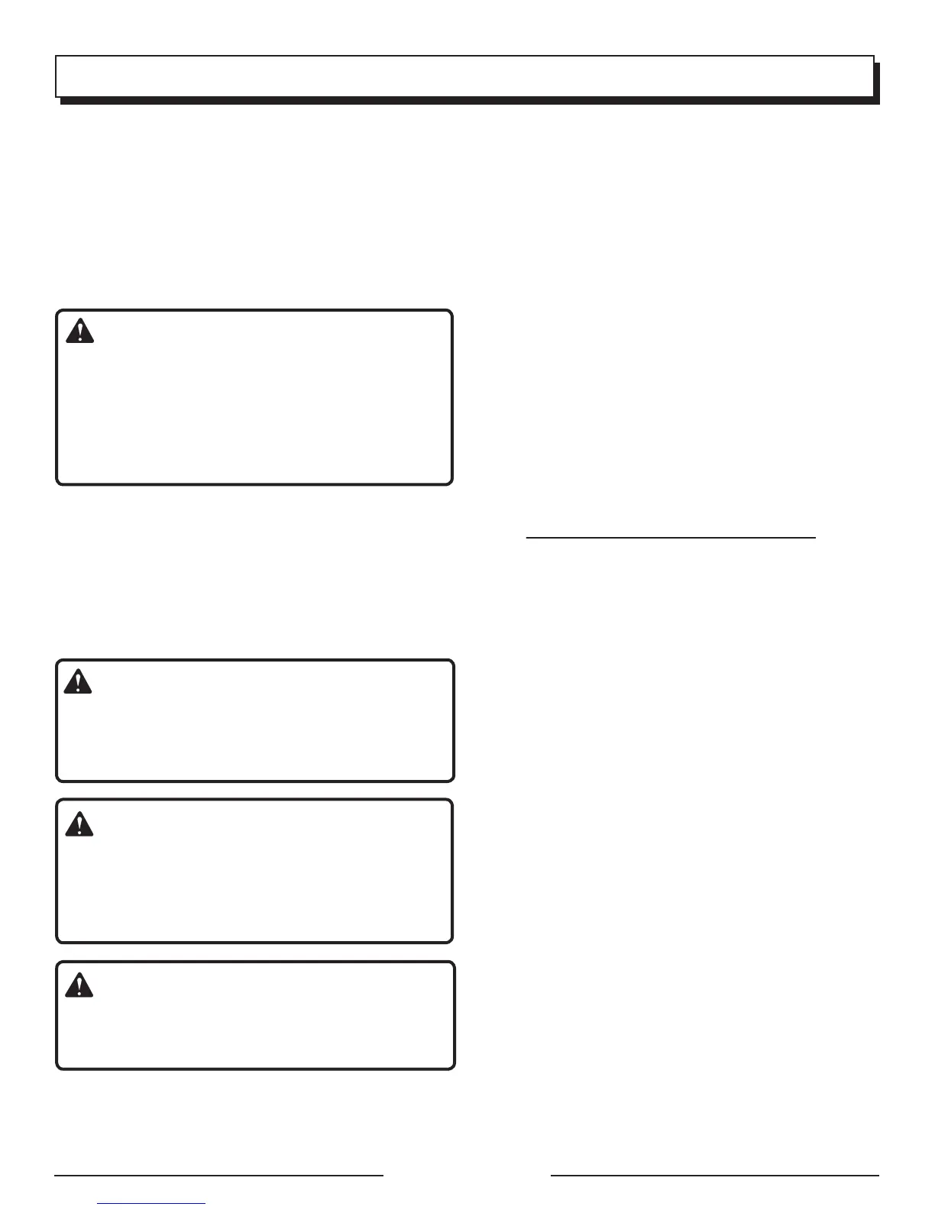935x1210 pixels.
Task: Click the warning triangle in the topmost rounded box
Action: [79, 332]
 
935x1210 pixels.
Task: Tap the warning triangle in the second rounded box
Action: [77, 681]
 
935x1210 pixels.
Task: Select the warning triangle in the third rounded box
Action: [79, 824]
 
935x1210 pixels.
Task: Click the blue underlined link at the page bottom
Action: [152, 1204]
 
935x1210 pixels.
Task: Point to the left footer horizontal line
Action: [218, 1176]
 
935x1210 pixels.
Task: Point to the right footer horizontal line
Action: [714, 1176]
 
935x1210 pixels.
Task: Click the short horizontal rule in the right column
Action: [671, 538]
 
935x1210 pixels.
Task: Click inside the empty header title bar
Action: [464, 76]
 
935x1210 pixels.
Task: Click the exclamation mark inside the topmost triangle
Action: [79, 333]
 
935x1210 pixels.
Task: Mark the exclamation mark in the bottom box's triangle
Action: [79, 987]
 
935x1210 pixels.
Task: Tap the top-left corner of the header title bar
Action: [57, 57]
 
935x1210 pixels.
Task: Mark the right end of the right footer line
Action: [878, 1176]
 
